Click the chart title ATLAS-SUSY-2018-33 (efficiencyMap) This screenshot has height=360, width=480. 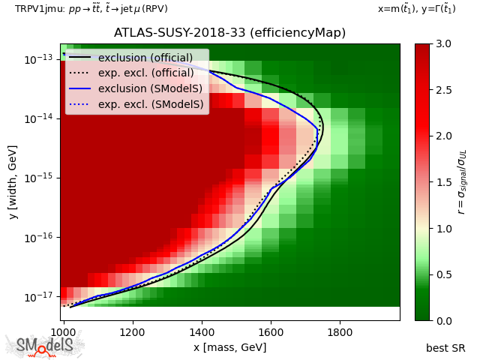229,33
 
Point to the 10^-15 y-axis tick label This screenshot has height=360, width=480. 37,178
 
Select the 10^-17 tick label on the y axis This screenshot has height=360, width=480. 37,297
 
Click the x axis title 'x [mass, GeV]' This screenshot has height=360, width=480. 229,347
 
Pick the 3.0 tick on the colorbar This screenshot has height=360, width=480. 444,44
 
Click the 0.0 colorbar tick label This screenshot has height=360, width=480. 444,320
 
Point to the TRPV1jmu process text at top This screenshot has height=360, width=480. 91,9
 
